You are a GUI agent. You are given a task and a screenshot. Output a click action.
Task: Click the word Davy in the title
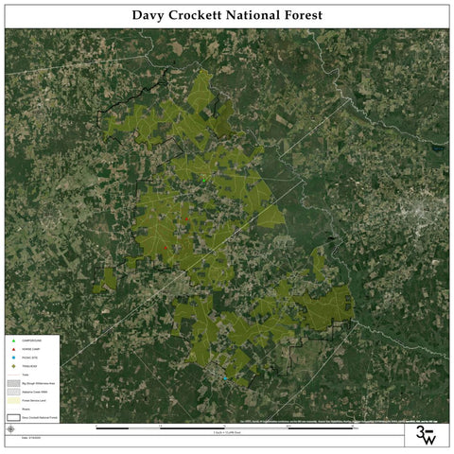pyautogui.click(x=148, y=15)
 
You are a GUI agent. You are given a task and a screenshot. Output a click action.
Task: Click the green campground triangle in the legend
pyautogui.click(x=12, y=340)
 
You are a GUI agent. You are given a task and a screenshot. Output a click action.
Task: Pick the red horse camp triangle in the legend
pyautogui.click(x=12, y=350)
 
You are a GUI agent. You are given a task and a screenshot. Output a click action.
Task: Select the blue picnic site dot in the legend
pyautogui.click(x=12, y=358)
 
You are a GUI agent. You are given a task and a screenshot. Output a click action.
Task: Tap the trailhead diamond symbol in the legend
pyautogui.click(x=12, y=367)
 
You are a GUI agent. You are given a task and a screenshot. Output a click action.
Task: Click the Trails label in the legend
pyautogui.click(x=26, y=375)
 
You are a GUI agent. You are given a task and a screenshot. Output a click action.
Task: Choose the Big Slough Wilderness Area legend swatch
pyautogui.click(x=12, y=384)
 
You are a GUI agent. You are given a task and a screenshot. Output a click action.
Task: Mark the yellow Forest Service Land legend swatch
pyautogui.click(x=12, y=400)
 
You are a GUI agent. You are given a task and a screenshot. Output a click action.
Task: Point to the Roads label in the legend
pyautogui.click(x=26, y=408)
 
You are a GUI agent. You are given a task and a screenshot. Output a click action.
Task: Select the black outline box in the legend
pyautogui.click(x=12, y=416)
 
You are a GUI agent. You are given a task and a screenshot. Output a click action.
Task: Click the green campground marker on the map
pyautogui.click(x=202, y=177)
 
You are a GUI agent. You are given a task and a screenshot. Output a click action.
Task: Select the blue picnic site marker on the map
pyautogui.click(x=224, y=378)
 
